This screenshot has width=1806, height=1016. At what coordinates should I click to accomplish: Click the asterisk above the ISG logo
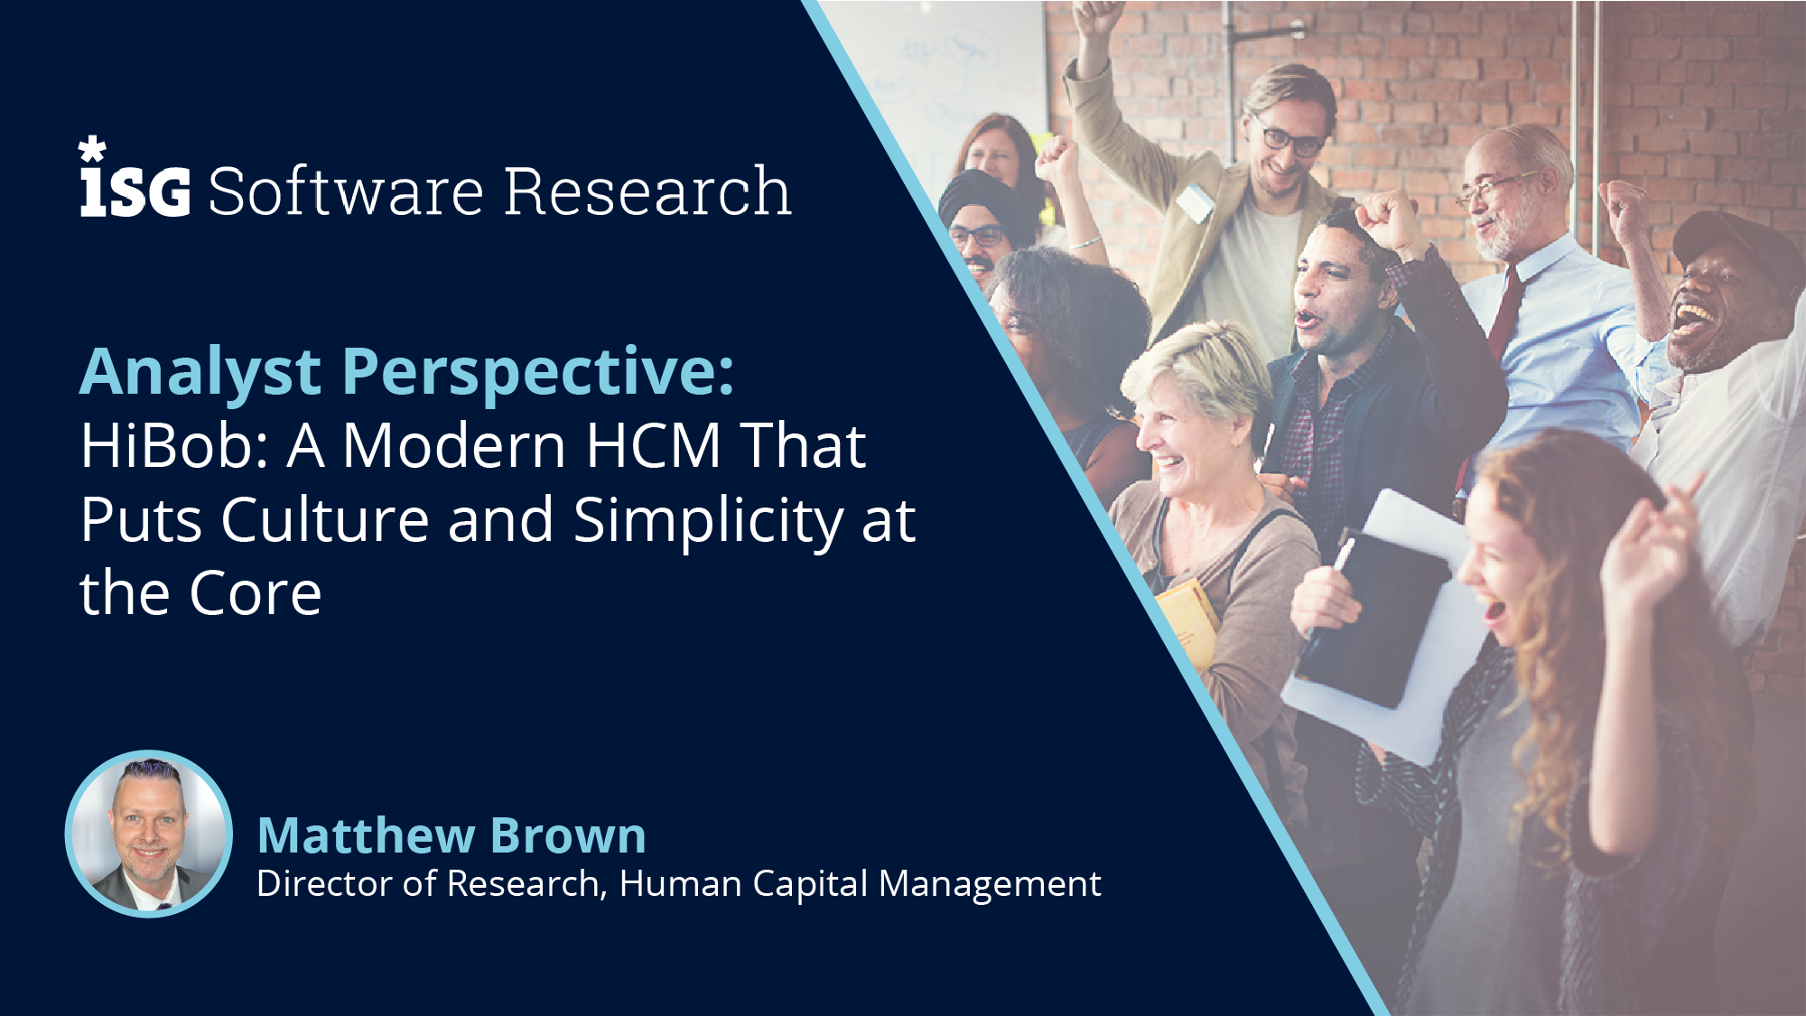92,149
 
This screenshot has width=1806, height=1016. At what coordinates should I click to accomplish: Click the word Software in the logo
347,191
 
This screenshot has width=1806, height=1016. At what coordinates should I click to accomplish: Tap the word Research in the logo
647,191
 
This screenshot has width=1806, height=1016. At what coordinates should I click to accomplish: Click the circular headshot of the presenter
149,834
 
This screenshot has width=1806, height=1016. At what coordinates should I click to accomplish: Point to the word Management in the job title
990,884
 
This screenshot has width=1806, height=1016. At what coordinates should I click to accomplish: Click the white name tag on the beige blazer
1196,202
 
